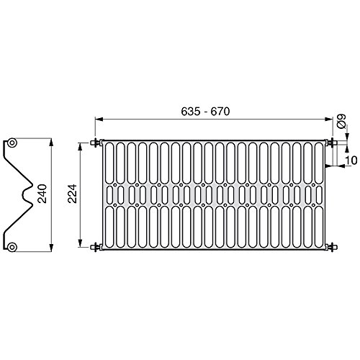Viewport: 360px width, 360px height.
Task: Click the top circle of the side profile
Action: (12, 143)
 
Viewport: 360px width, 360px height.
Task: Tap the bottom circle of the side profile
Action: (12, 246)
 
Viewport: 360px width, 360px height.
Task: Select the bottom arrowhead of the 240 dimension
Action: (51, 250)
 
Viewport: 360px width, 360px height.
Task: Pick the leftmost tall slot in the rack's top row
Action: (110, 162)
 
